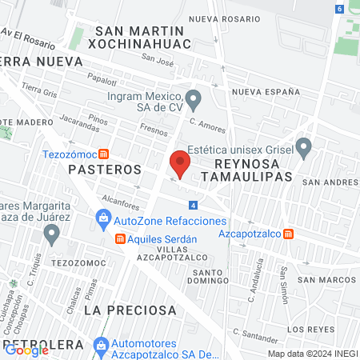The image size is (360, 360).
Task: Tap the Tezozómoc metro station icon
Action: tap(104, 154)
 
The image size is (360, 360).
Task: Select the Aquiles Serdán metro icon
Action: tap(120, 238)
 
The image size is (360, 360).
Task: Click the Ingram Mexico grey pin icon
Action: tap(193, 101)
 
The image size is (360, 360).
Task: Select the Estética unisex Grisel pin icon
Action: tap(303, 148)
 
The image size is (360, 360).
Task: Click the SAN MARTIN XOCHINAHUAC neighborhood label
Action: tap(156, 38)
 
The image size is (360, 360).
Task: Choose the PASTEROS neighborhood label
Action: tap(104, 170)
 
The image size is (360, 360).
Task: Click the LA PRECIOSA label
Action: tap(129, 310)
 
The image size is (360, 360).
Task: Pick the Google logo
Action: tap(26, 350)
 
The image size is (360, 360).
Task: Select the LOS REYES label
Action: tap(307, 329)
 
